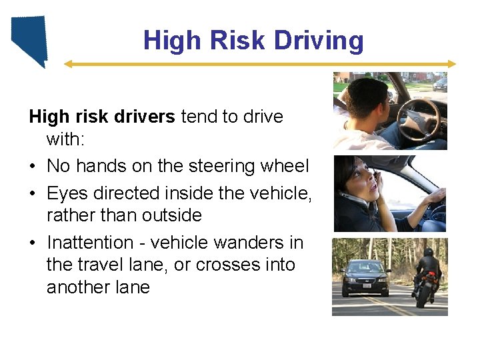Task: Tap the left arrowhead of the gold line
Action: pos(67,64)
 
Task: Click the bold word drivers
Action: pos(142,117)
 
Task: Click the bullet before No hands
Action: pos(33,166)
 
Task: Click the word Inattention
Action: pos(90,243)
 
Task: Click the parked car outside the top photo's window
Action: pos(440,84)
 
